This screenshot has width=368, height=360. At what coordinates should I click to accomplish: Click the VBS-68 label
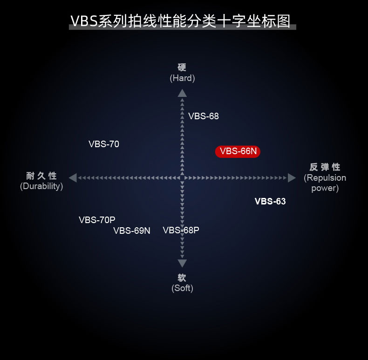pos(204,116)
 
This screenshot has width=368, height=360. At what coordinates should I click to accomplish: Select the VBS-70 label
pos(104,144)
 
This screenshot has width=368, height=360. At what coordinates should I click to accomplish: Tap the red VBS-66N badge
pos(238,151)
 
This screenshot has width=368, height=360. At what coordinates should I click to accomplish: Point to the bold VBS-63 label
pos(270,202)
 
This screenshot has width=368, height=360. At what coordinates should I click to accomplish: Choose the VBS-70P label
pos(97,220)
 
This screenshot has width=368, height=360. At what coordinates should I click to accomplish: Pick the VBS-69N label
pos(132,231)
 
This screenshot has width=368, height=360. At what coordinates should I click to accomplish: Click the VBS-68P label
pos(181,230)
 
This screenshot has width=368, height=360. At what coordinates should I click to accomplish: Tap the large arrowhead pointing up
pos(182,93)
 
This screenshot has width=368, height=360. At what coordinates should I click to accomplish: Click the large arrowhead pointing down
pos(182,263)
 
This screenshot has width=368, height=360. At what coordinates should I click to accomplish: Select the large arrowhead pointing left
pos(73,178)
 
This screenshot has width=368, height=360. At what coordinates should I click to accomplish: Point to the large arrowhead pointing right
pos(292,178)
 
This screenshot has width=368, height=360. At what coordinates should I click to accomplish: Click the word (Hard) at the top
pos(182,78)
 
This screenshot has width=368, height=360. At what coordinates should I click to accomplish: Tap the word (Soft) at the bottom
pos(182,288)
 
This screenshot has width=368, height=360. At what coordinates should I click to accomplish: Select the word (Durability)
pos(41,186)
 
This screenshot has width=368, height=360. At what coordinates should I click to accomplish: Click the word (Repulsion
pos(325,178)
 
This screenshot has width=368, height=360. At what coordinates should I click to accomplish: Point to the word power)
pos(325,188)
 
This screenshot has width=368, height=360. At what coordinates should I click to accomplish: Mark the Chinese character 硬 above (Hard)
pos(182,68)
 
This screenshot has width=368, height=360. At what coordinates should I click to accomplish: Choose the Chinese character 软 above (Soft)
pos(182,278)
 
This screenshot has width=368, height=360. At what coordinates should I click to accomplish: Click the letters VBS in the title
pos(84,21)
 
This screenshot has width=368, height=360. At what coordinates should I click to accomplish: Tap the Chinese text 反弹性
pos(325,167)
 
